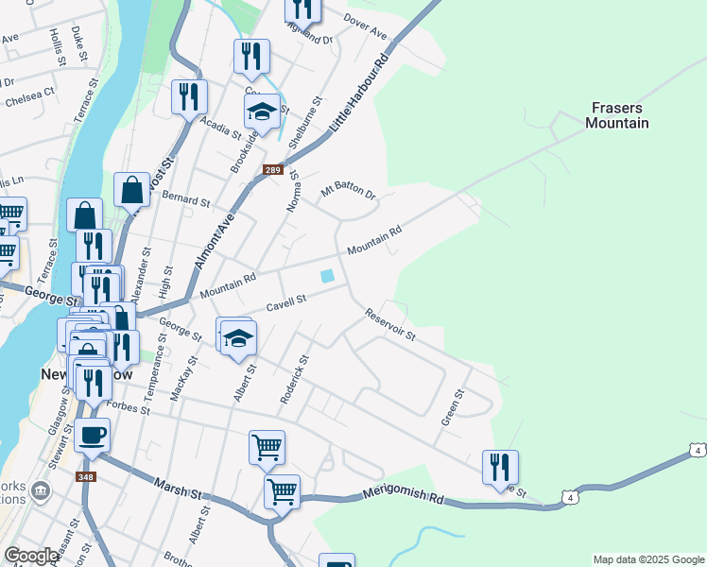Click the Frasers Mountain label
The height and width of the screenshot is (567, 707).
[x=617, y=115]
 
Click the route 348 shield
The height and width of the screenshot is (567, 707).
[x=86, y=476]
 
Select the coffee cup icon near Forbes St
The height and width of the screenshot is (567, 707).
[x=93, y=436]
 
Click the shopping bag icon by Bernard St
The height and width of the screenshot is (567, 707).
[x=131, y=190]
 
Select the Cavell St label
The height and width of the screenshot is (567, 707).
[x=287, y=301]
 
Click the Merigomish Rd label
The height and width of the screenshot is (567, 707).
[x=403, y=497]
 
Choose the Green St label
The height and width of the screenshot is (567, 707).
[x=452, y=406]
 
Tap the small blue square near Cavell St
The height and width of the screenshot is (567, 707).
[x=327, y=276]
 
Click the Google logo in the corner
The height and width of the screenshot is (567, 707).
[x=31, y=556]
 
